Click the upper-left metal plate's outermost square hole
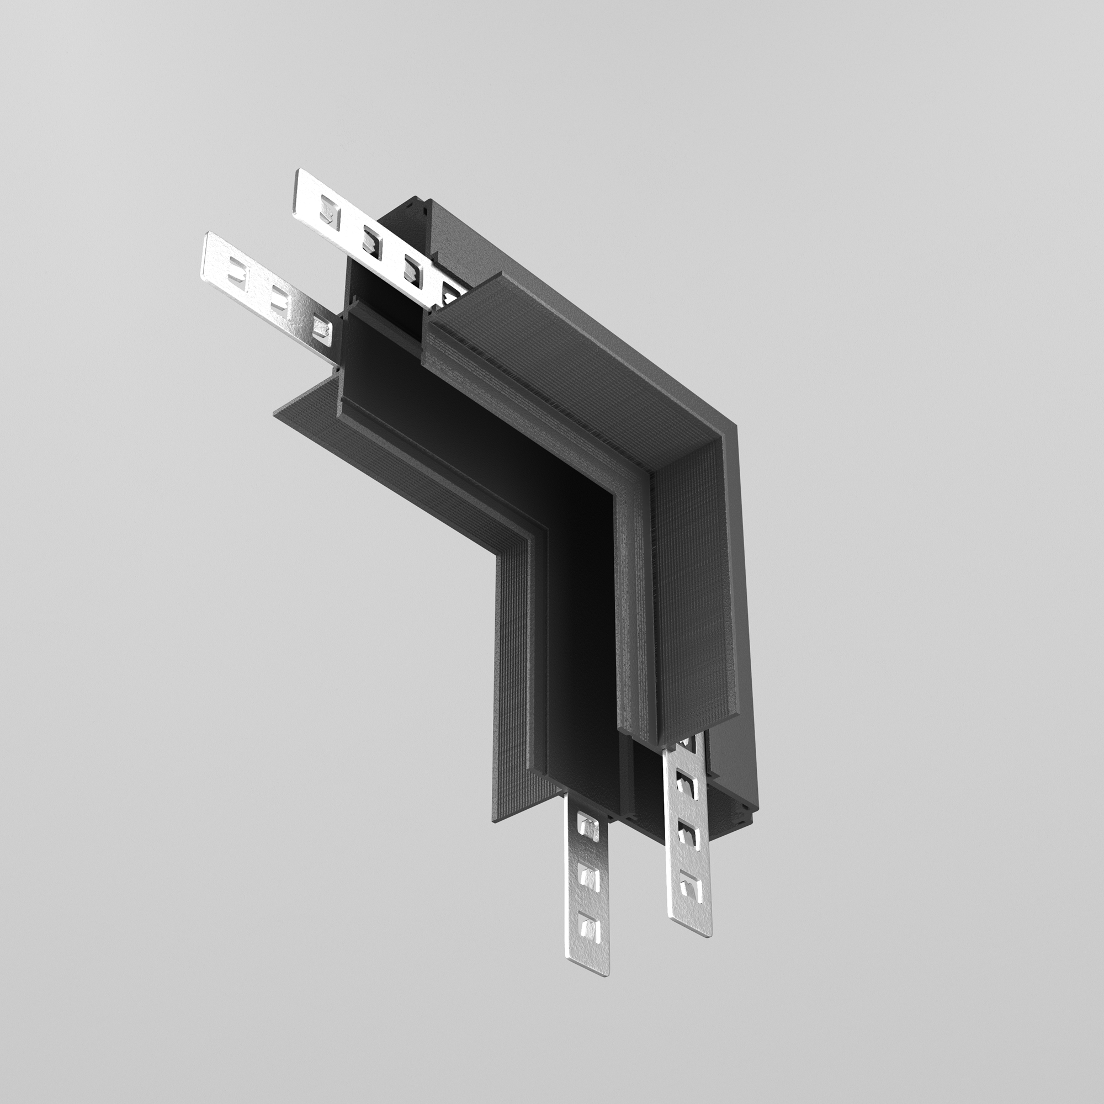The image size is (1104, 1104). point(327,208)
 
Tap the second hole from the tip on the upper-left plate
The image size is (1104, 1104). point(371,236)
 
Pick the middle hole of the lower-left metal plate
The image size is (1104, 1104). point(279,297)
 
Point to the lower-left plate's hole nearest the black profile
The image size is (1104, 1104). point(321,328)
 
